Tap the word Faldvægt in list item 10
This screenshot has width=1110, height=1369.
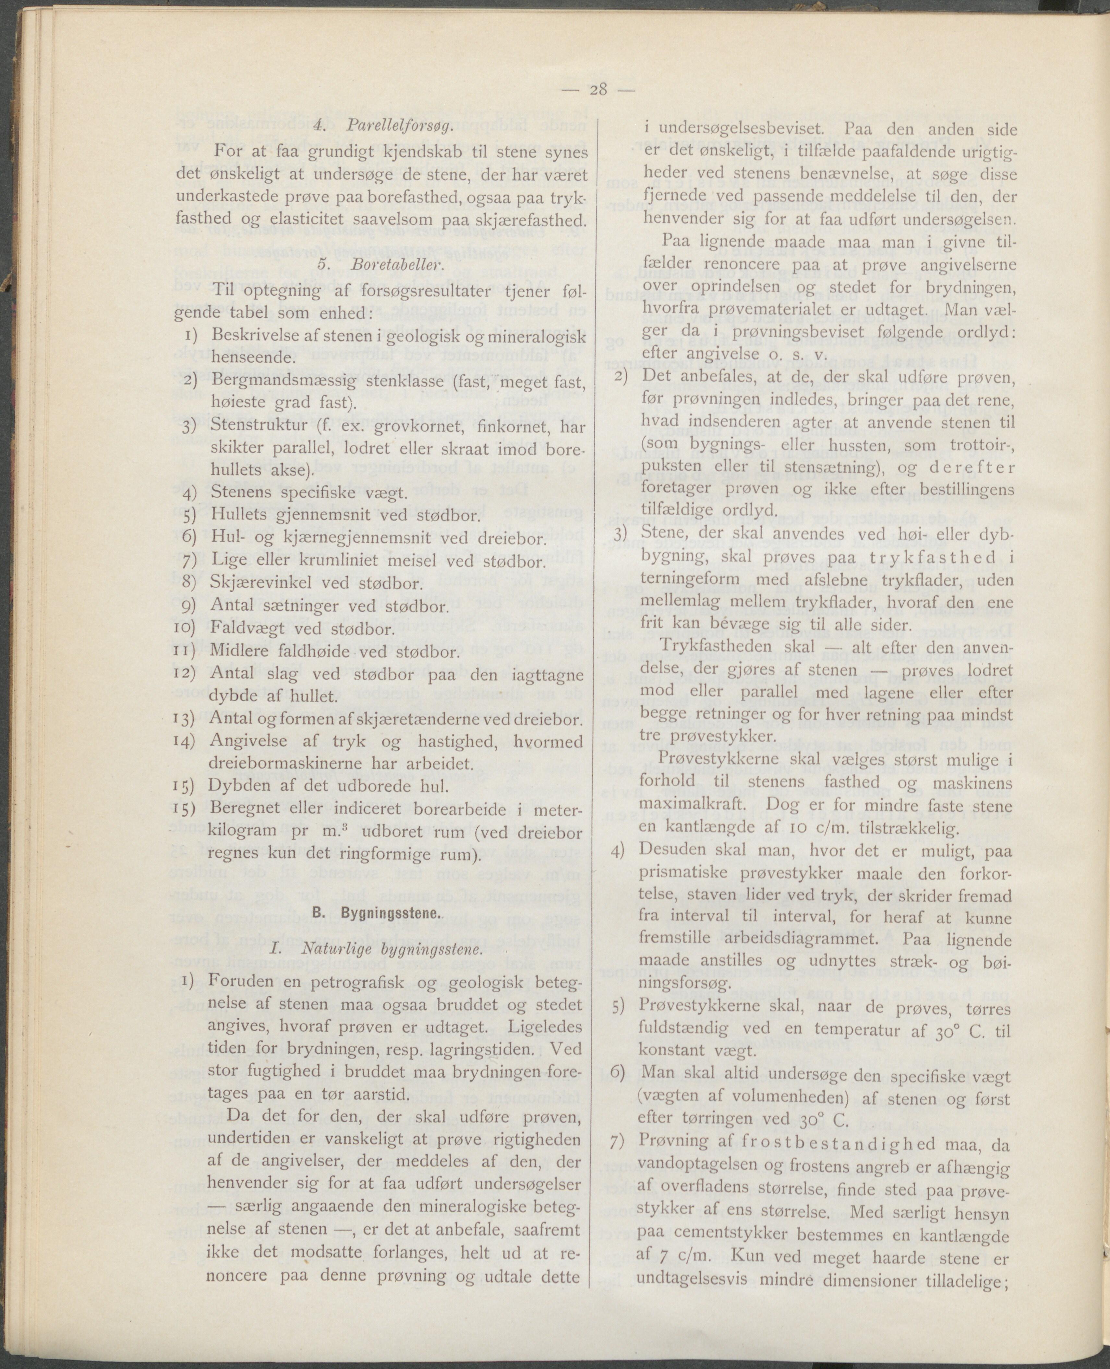point(246,629)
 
